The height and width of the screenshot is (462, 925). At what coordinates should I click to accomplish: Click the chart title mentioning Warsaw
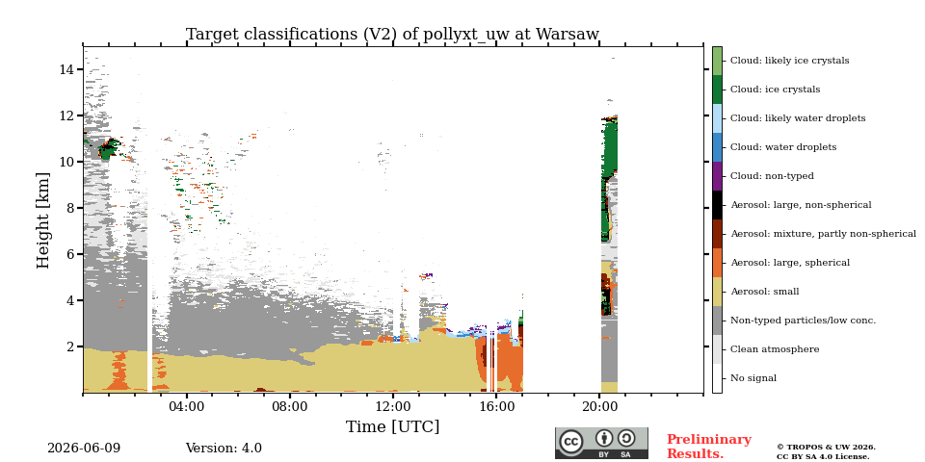click(392, 35)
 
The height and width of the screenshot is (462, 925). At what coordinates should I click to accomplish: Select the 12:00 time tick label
click(393, 406)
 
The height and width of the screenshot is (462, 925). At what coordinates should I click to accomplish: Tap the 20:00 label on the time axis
click(599, 406)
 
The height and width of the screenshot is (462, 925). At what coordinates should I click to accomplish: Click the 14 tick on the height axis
click(66, 69)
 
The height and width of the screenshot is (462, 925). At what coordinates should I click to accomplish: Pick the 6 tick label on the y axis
click(69, 254)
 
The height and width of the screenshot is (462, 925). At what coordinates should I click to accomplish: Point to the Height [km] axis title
click(43, 220)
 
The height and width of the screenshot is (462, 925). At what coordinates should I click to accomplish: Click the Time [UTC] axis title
click(392, 426)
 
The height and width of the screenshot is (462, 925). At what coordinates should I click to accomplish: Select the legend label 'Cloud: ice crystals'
click(775, 90)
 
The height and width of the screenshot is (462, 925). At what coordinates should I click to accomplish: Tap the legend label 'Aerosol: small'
click(765, 292)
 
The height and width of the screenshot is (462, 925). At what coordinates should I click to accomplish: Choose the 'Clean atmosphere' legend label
click(775, 349)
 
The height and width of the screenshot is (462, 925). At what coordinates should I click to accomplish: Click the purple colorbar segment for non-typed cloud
click(717, 176)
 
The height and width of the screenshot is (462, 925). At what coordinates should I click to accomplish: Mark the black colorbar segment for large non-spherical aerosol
click(717, 205)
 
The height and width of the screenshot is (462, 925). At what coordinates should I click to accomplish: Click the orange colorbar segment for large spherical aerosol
click(717, 263)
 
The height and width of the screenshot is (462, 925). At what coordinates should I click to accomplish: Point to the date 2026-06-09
click(84, 449)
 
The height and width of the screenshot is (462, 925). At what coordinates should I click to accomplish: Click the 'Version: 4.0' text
click(224, 449)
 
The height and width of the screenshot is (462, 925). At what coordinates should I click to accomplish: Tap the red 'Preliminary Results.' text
click(709, 447)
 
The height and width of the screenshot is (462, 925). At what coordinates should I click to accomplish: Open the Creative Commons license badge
click(601, 443)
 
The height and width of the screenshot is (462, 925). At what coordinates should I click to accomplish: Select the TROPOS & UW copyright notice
click(826, 452)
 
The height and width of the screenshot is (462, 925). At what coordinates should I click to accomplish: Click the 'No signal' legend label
click(753, 378)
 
